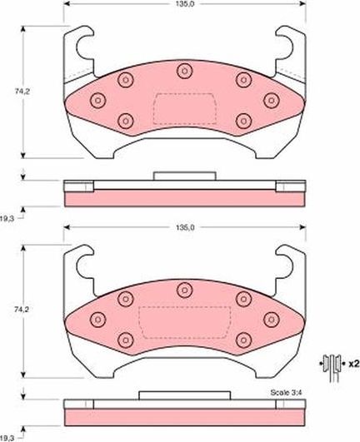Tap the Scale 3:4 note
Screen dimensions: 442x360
[x=287, y=393]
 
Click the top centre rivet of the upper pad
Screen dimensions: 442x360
[x=183, y=70]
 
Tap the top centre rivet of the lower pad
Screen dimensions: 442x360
[x=183, y=289]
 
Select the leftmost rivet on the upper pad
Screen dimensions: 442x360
[x=97, y=100]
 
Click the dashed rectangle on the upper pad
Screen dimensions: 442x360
[x=183, y=108]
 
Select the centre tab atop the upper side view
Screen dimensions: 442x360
[x=183, y=176]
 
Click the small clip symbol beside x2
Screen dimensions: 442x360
[x=331, y=364]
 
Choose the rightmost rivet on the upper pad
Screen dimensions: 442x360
[x=270, y=100]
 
